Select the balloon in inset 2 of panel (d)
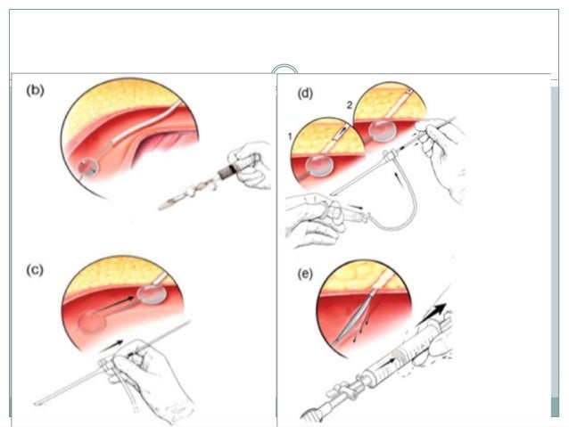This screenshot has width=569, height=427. click(x=384, y=130)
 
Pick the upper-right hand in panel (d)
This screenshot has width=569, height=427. click(x=447, y=133)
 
